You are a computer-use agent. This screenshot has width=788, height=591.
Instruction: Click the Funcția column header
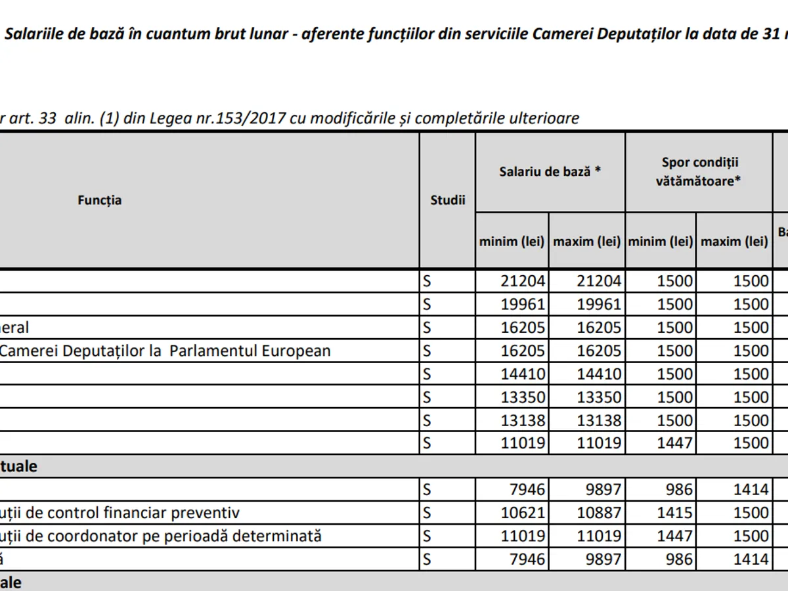coord(99,200)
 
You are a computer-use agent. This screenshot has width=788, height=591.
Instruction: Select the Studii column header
coord(447,200)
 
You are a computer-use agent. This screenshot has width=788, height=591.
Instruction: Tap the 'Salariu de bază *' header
coord(550,172)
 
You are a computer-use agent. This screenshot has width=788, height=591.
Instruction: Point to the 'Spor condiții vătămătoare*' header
coord(698,172)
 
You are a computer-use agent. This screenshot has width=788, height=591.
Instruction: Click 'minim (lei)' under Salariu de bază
coord(512,241)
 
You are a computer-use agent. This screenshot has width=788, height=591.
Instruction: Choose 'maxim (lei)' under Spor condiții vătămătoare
coord(734,241)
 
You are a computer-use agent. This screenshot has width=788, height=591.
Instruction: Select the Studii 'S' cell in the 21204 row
coord(427,281)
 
